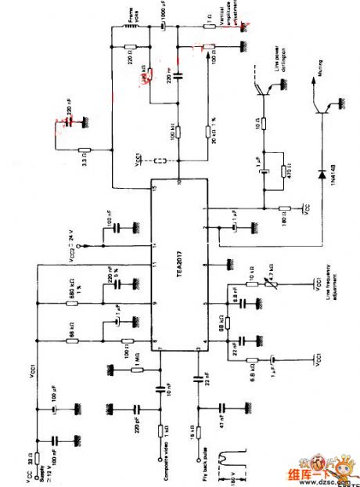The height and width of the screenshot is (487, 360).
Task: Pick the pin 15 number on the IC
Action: coord(155,189)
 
